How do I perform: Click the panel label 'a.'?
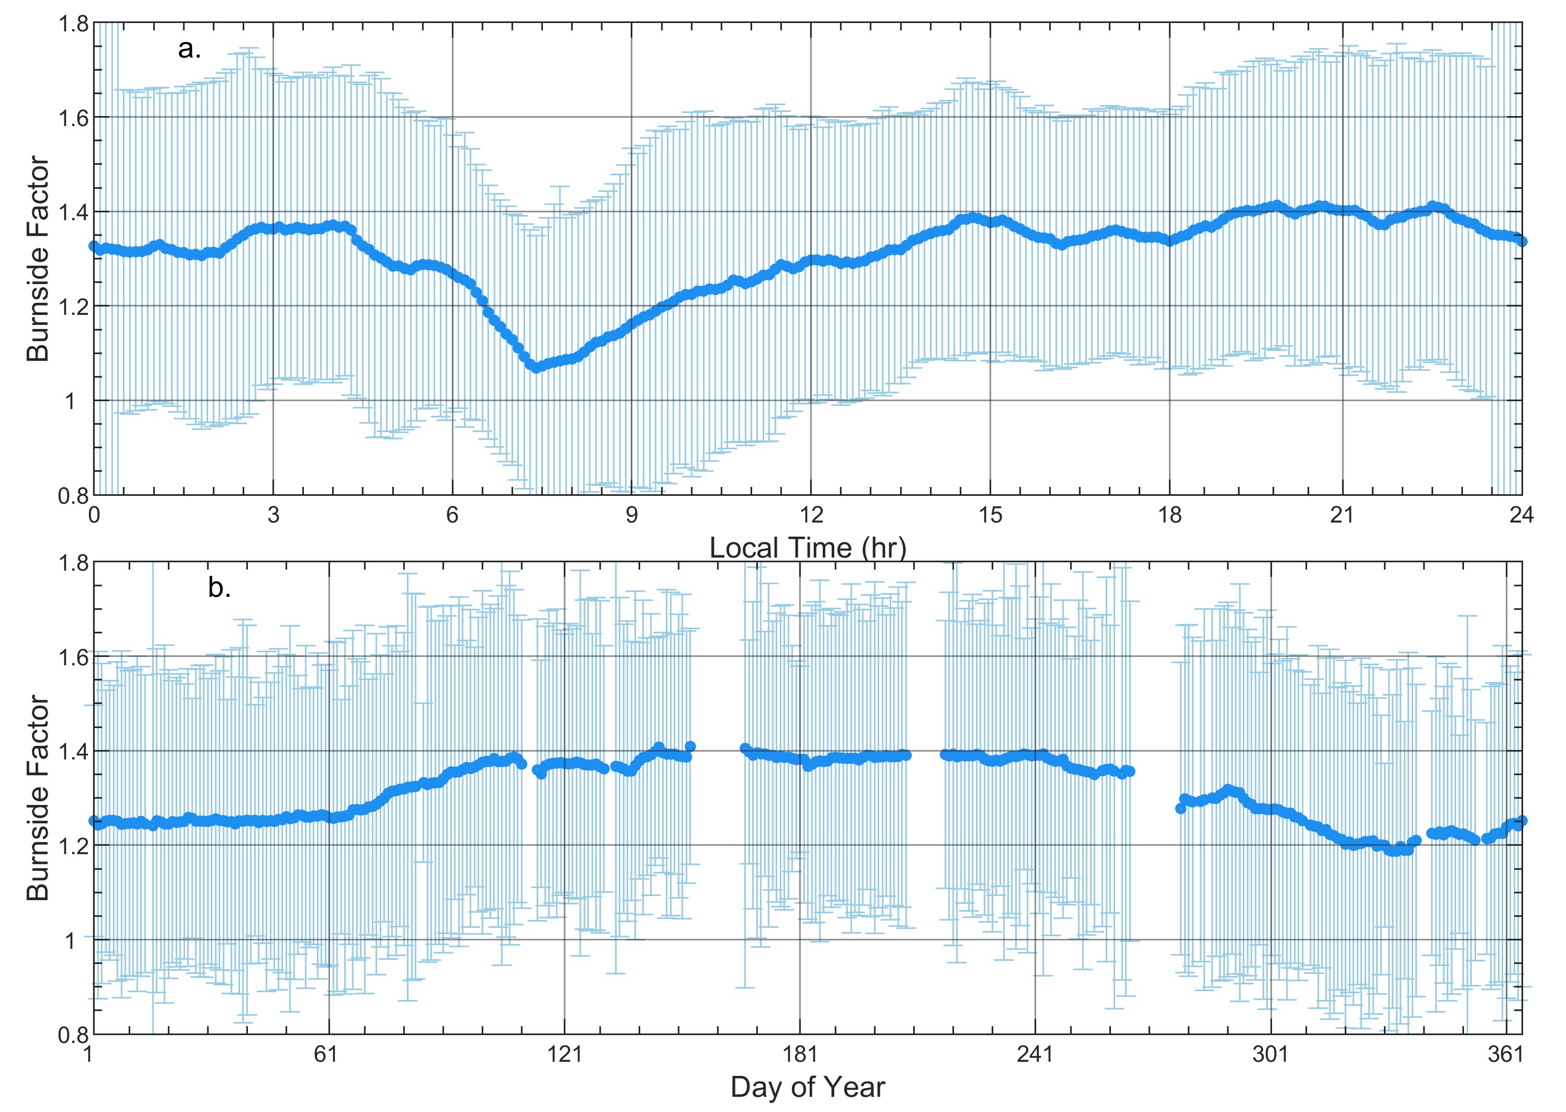pyautogui.click(x=189, y=49)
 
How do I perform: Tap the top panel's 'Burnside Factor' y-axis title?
pyautogui.click(x=38, y=259)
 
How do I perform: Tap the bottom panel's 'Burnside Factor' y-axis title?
pyautogui.click(x=38, y=798)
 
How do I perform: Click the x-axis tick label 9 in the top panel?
pyautogui.click(x=631, y=515)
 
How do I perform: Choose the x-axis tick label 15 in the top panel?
pyautogui.click(x=990, y=515)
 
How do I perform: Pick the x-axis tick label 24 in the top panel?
pyautogui.click(x=1522, y=515)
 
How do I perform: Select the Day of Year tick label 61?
pyautogui.click(x=326, y=1054)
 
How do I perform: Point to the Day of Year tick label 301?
pyautogui.click(x=1270, y=1054)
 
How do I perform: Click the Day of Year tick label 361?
pyautogui.click(x=1505, y=1054)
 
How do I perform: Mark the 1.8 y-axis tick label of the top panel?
pyautogui.click(x=73, y=24)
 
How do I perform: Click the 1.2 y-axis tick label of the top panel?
pyautogui.click(x=73, y=307)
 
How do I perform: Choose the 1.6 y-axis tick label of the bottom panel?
pyautogui.click(x=73, y=657)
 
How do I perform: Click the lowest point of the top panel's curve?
pyautogui.click(x=536, y=367)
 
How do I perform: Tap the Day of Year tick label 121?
pyautogui.click(x=563, y=1054)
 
